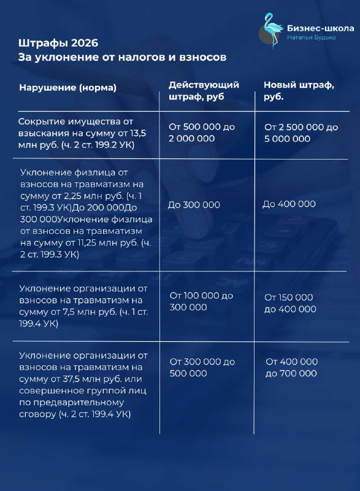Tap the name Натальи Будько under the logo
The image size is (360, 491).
click(312, 38)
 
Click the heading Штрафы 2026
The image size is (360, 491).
click(58, 43)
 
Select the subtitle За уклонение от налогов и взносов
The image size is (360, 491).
click(123, 57)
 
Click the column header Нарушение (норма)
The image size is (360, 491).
click(68, 88)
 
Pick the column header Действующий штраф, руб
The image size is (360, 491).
click(204, 91)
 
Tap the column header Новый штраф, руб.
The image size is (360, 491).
click(299, 91)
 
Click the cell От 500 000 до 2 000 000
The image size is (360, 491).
click(202, 133)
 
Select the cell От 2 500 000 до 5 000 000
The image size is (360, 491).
click(301, 133)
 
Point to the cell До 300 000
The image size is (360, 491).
click(194, 205)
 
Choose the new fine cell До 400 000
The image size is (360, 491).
click(289, 204)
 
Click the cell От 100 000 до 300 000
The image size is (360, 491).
click(201, 301)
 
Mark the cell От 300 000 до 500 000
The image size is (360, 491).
click(202, 367)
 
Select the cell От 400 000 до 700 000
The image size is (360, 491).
click(291, 367)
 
